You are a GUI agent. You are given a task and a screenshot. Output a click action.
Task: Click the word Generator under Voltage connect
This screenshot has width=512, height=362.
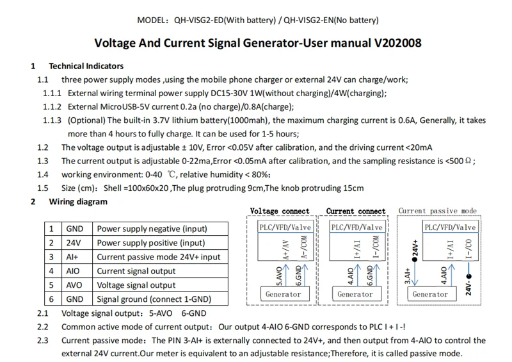[x=283, y=294]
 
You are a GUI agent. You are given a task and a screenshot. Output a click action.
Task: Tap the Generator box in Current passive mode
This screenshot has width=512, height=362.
[x=430, y=294]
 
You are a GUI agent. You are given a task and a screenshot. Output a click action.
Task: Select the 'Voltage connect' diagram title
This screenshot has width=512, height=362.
[x=280, y=211]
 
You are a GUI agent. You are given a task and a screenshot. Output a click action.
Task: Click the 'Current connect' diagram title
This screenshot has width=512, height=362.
[x=356, y=211]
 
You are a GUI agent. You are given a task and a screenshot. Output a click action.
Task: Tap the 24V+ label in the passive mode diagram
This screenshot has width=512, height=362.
[x=415, y=249]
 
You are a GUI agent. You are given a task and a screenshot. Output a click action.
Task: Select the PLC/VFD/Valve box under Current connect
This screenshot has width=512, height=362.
[x=356, y=227]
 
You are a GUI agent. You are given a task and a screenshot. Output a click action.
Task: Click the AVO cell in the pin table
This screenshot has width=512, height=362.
[x=74, y=285]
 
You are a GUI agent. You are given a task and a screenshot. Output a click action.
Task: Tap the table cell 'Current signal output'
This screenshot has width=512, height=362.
[x=136, y=271]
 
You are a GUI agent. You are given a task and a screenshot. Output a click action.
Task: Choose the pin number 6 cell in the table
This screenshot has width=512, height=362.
[x=51, y=299]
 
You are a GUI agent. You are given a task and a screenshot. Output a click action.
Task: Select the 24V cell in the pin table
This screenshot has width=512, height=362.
[x=74, y=243]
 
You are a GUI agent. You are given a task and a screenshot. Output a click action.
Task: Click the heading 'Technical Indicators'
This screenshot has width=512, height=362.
[x=86, y=66]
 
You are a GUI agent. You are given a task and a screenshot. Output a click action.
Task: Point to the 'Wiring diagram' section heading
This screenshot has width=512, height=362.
[x=78, y=202]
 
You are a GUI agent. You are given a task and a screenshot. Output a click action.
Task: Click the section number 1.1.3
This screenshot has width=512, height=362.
[x=52, y=120]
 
